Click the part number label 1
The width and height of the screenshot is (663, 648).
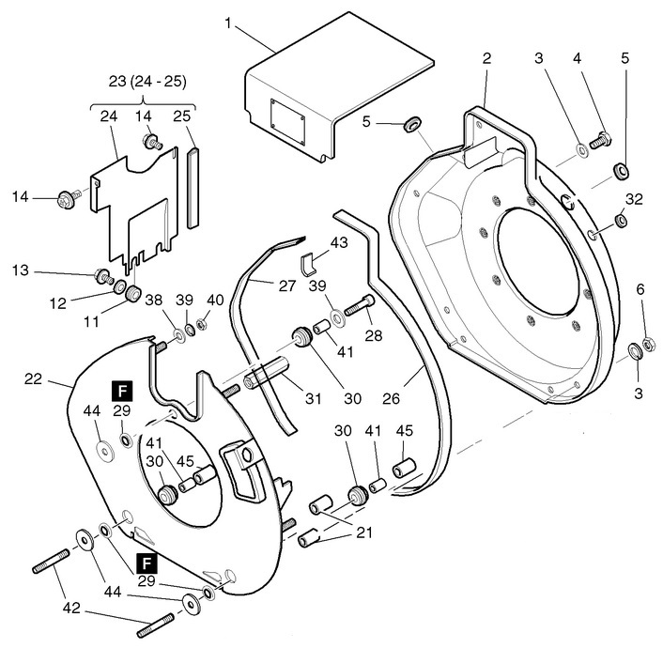[x=227, y=22]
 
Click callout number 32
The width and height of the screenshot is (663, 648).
[x=634, y=198]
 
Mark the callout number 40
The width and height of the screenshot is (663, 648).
[x=215, y=300]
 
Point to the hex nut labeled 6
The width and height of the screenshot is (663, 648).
[x=647, y=342]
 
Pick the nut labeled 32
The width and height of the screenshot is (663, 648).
[x=620, y=221]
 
